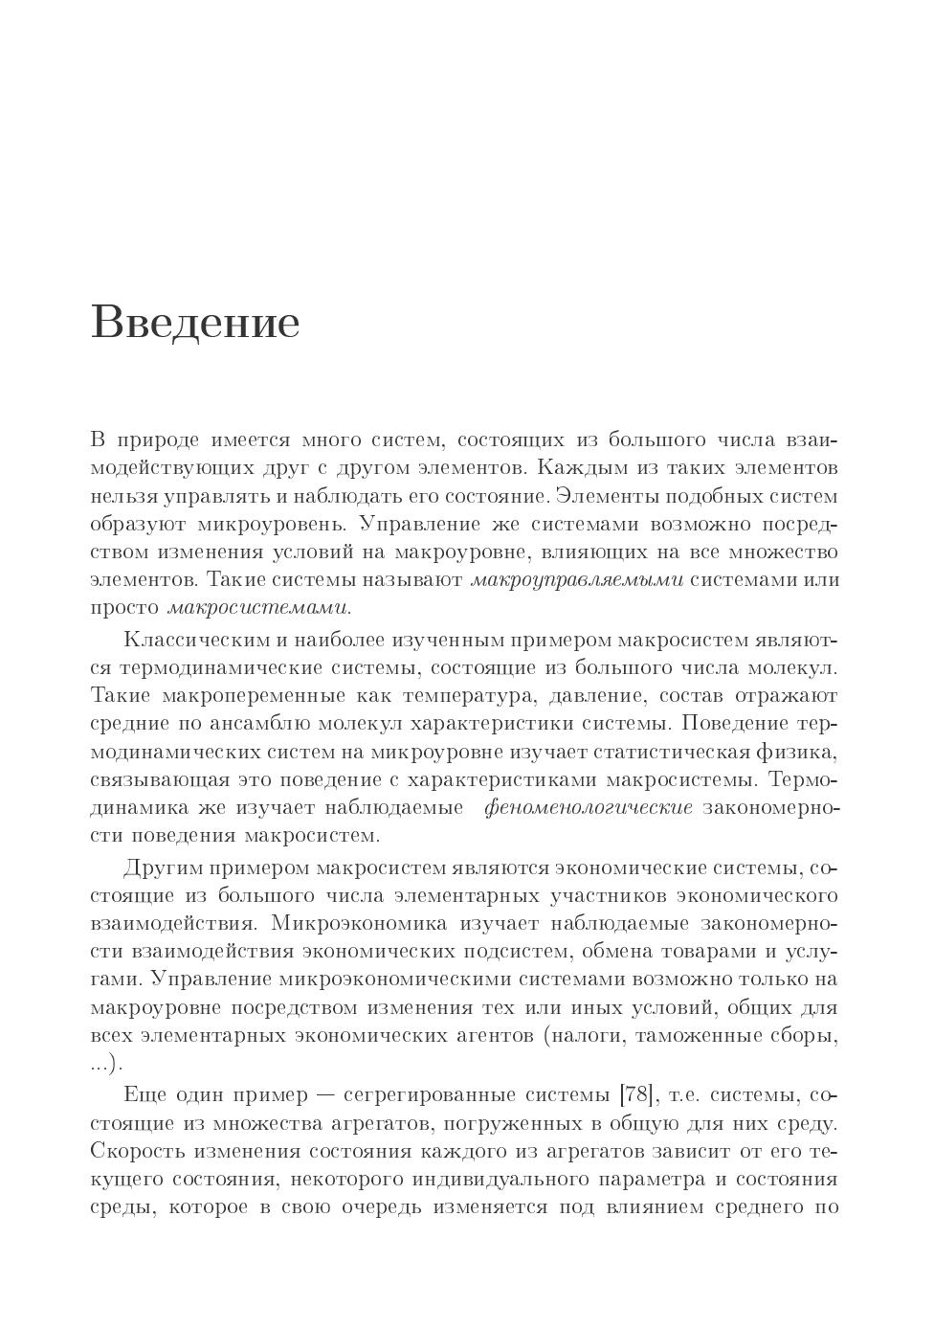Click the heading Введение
195,322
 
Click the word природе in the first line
159,440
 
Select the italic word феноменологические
588,807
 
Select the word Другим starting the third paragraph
160,868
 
